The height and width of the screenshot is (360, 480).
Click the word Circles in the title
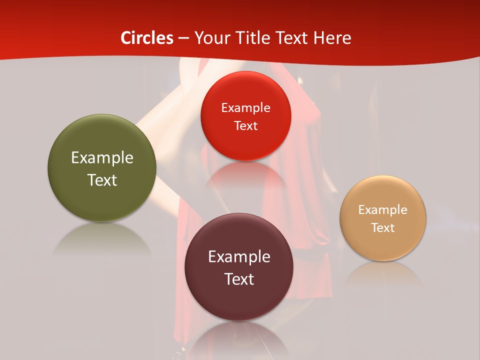147,38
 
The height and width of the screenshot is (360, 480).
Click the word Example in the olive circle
102,158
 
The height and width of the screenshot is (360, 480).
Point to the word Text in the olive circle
102,180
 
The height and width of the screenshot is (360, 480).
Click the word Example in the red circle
245,108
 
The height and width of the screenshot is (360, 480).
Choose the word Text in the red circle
245,125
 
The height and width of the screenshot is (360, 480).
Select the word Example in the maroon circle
239,257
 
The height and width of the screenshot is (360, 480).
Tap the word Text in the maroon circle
239,279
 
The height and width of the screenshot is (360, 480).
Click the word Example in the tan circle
383,210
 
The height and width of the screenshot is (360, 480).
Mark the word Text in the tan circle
383,228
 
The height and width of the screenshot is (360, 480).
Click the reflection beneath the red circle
245,175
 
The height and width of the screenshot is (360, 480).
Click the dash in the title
183,38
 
